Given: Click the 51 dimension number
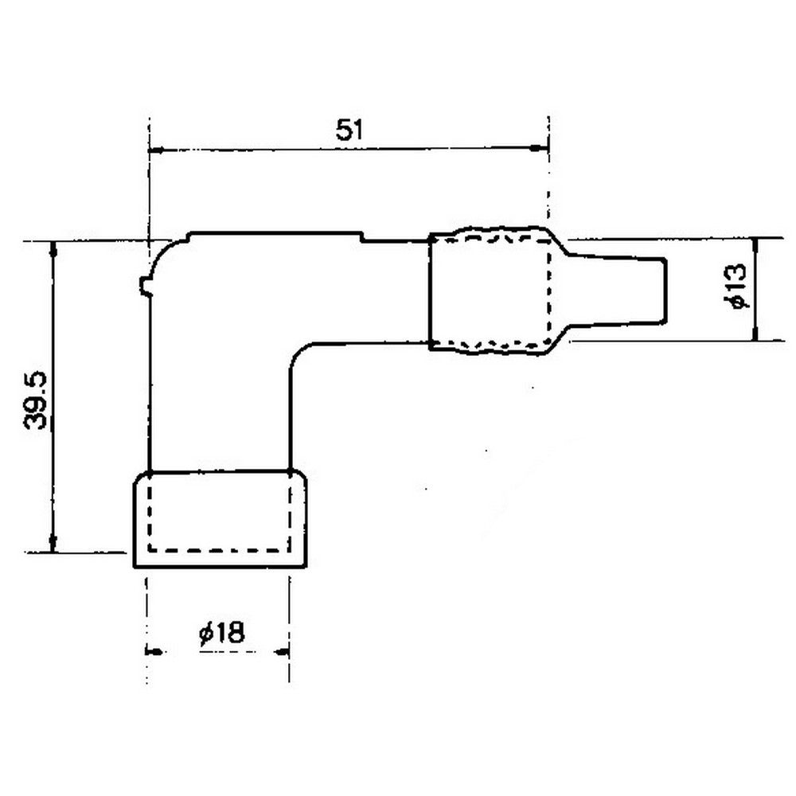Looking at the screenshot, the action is pyautogui.click(x=350, y=130).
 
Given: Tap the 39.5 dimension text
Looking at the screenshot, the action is pyautogui.click(x=36, y=401).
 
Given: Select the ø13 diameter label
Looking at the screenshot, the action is pyautogui.click(x=736, y=287).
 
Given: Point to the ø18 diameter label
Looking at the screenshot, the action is pyautogui.click(x=222, y=633).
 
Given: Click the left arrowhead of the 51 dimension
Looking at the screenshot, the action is pyautogui.click(x=155, y=150).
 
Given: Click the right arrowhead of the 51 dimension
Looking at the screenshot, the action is pyautogui.click(x=541, y=148).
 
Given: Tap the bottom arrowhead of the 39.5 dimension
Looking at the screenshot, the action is pyautogui.click(x=53, y=543).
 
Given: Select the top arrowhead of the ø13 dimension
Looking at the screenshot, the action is pyautogui.click(x=755, y=246).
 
